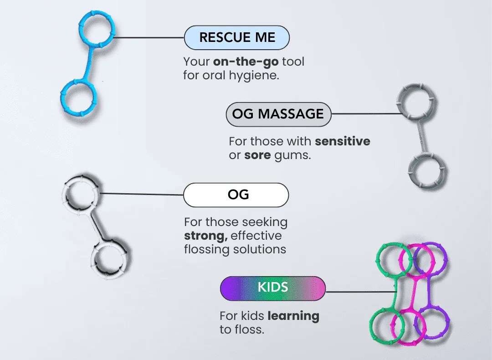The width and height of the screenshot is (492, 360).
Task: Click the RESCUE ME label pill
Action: click(236, 37)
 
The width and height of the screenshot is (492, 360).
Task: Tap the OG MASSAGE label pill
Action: click(278, 114)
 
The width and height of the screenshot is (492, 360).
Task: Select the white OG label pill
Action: click(236, 195)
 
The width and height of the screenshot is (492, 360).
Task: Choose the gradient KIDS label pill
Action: click(272, 288)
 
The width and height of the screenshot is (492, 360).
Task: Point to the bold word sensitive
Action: click(343, 141)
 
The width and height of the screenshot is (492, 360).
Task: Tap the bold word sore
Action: click(257, 155)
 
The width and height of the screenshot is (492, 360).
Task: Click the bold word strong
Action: click(202, 236)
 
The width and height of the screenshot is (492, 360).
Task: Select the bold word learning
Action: click(293, 316)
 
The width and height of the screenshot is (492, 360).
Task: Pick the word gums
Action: click(292, 155)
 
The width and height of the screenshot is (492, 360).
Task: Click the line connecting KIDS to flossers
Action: click(360, 292)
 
